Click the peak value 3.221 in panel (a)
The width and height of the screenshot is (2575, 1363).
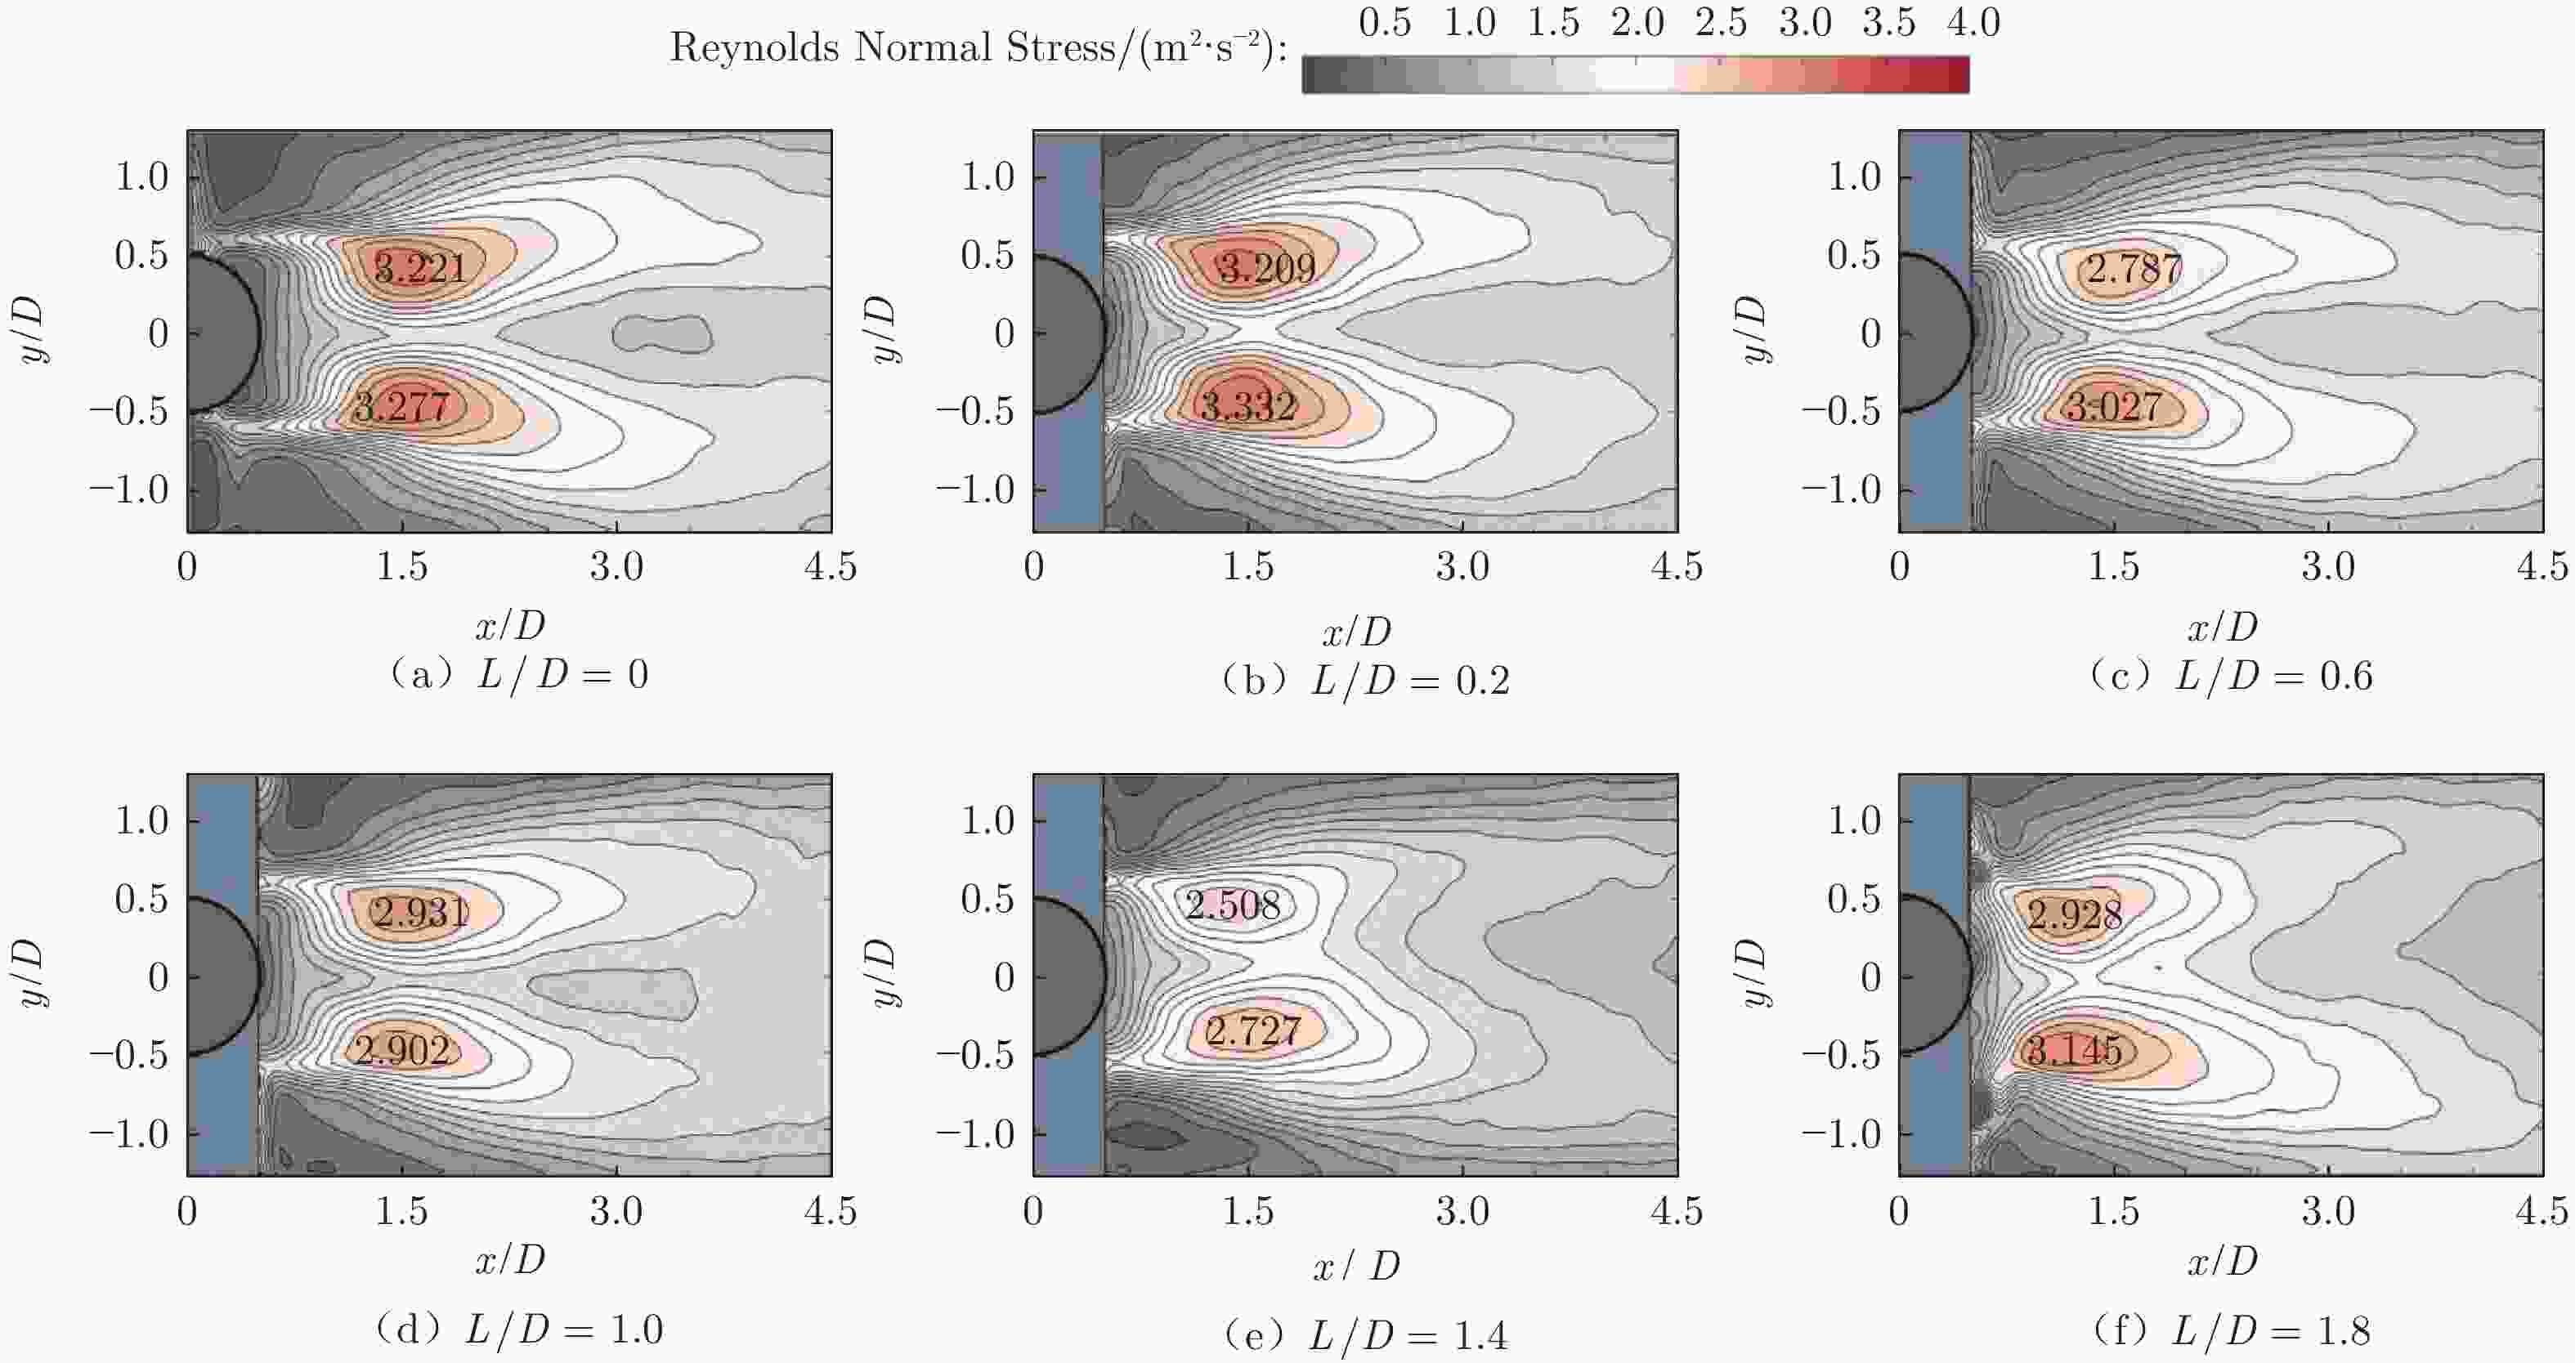(x=421, y=268)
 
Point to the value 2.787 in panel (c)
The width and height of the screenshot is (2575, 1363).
(x=2134, y=268)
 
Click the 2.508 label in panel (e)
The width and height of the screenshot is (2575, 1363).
(x=1233, y=905)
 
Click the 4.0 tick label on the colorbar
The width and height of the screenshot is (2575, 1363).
(x=1973, y=22)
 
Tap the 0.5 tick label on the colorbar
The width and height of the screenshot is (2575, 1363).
(x=1385, y=22)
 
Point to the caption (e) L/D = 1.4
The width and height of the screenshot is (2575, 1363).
(x=1365, y=1335)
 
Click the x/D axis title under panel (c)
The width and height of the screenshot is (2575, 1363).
(x=2222, y=627)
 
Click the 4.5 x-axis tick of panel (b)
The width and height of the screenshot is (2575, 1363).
(x=1677, y=566)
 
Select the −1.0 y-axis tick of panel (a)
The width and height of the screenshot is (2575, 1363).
(x=129, y=489)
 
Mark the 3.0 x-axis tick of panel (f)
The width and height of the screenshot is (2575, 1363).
(x=2328, y=1211)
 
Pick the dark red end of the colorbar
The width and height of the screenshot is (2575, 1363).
(x=1955, y=75)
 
